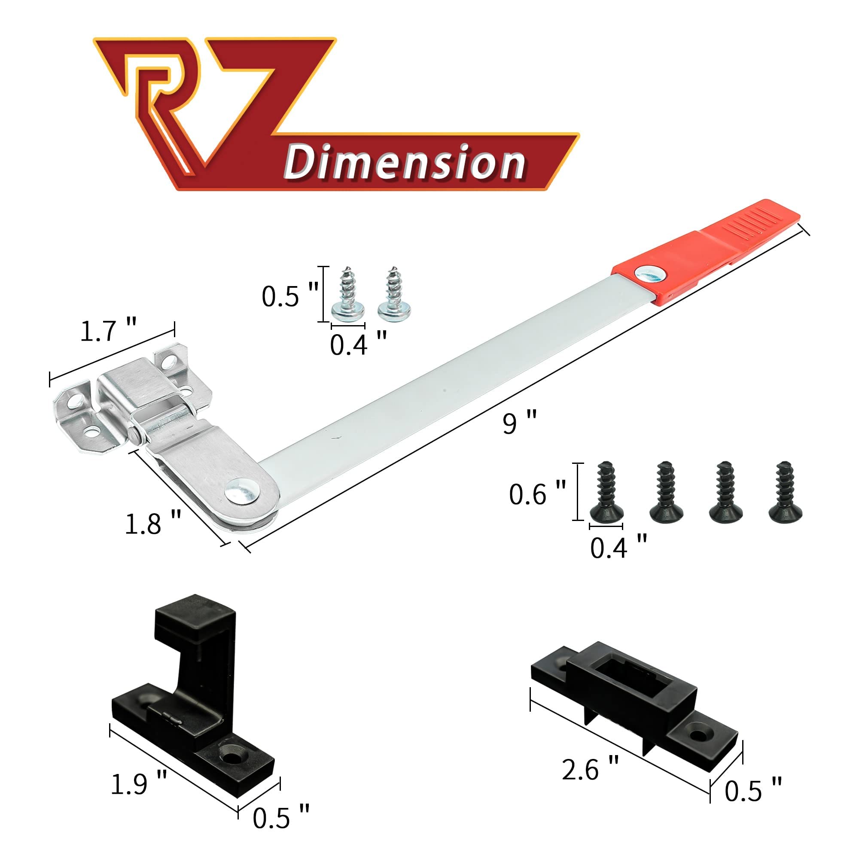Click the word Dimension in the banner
click(405, 164)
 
